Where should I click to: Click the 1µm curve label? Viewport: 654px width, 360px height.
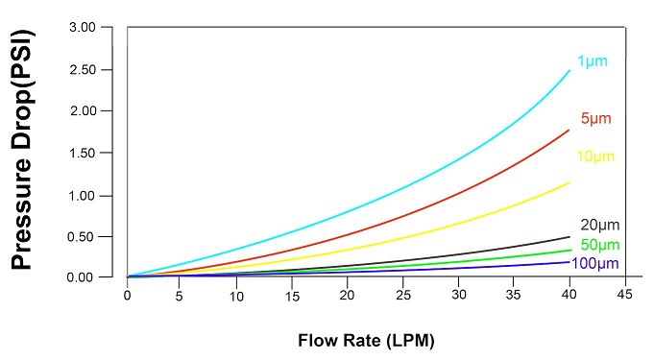point(592,61)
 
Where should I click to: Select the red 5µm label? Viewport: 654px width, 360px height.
point(595,118)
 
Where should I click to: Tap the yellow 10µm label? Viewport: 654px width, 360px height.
point(595,156)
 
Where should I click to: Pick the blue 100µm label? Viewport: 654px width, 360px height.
point(595,263)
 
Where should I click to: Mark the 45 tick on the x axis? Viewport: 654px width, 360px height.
point(624,295)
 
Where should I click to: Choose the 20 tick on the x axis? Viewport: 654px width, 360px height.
point(348,295)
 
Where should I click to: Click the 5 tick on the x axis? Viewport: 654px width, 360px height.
point(182,295)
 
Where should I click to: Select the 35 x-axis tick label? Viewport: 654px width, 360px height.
point(514,295)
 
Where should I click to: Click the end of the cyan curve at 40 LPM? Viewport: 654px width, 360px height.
point(569,70)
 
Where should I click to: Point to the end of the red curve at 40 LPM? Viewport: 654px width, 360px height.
point(569,130)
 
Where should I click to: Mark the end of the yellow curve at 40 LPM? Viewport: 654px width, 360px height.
point(569,182)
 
